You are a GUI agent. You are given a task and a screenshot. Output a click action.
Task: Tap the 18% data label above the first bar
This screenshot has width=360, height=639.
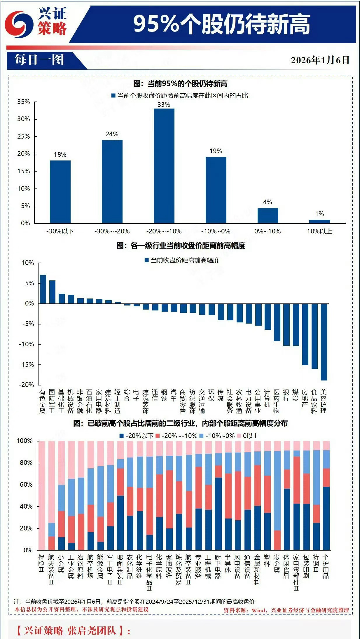(x=60, y=155)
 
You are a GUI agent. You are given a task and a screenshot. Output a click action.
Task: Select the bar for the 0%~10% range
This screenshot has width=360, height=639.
(x=268, y=216)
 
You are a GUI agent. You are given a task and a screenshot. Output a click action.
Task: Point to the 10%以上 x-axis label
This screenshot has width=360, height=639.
(x=319, y=231)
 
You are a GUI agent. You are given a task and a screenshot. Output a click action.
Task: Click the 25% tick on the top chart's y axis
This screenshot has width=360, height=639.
(x=24, y=137)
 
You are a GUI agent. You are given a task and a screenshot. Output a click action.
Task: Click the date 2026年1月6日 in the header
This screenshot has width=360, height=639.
(x=320, y=60)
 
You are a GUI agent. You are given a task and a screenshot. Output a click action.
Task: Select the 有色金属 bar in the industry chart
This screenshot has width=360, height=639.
(x=43, y=289)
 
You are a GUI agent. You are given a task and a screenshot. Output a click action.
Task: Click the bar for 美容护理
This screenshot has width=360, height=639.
(x=324, y=342)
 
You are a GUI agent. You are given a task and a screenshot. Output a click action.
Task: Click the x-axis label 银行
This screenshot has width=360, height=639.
(x=286, y=395)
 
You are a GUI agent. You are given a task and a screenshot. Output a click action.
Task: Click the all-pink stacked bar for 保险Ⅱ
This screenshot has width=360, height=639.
(x=41, y=495)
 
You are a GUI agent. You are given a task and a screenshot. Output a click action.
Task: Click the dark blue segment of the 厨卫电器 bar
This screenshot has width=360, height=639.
(x=218, y=514)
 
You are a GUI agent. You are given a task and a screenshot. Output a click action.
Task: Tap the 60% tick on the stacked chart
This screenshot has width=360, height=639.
(x=26, y=485)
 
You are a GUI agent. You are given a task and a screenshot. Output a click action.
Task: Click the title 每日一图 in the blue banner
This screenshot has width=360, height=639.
(x=39, y=60)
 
